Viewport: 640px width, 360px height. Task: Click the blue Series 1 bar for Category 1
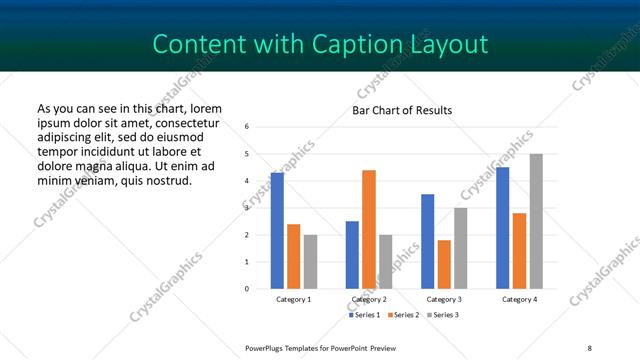(x=277, y=231)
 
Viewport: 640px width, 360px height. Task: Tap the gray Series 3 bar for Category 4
(x=536, y=221)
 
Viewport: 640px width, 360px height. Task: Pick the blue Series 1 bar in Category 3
(x=427, y=241)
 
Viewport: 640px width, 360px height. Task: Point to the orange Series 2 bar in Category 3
(x=444, y=264)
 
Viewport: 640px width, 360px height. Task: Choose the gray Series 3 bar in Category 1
(x=310, y=262)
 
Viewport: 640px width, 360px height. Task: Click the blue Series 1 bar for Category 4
(x=502, y=228)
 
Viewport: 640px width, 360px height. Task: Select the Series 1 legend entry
(x=365, y=315)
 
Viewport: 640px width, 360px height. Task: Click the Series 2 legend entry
(x=402, y=315)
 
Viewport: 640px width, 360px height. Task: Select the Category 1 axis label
(x=293, y=300)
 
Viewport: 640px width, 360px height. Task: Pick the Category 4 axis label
(x=519, y=300)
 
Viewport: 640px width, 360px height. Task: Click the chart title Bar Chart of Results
(x=402, y=110)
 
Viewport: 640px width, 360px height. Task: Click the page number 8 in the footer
(x=589, y=346)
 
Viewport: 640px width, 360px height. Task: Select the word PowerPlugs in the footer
(x=267, y=346)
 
